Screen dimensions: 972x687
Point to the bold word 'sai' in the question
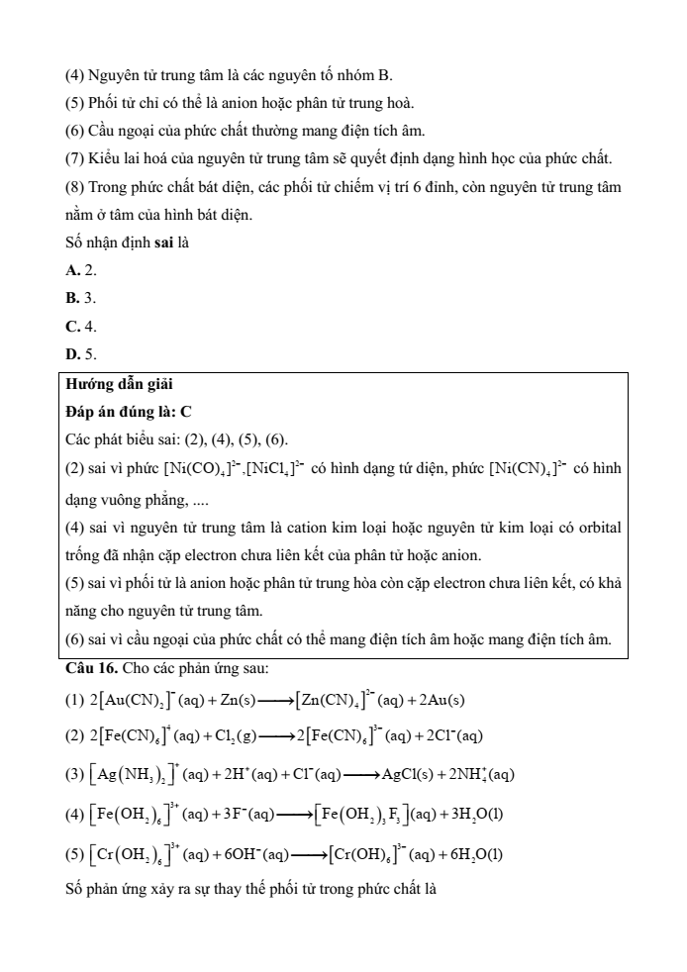tap(166, 243)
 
